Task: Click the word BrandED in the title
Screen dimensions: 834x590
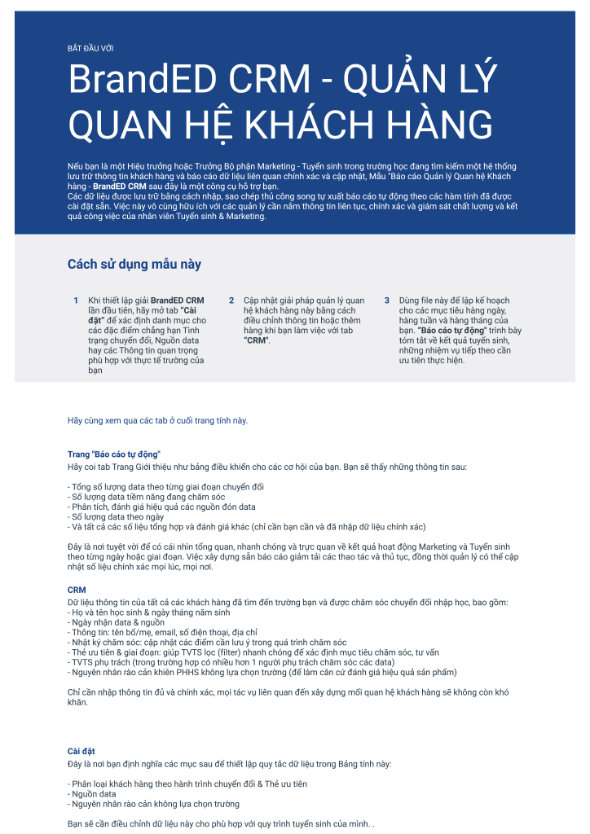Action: pos(139,80)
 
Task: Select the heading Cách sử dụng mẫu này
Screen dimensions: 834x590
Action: pos(134,264)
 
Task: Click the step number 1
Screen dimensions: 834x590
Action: pos(76,301)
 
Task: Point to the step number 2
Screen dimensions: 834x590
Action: pos(231,301)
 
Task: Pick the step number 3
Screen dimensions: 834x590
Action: pos(387,301)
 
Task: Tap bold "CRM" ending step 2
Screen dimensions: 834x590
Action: pos(257,340)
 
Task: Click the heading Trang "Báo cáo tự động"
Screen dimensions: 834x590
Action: pos(114,453)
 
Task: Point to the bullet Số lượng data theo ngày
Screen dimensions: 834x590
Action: pos(117,516)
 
